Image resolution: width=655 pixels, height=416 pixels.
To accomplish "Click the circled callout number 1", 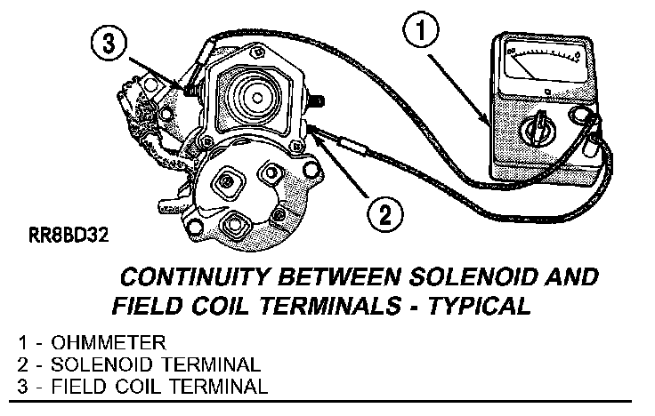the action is click(x=421, y=31).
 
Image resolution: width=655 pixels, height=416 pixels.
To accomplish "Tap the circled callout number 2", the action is click(x=384, y=215).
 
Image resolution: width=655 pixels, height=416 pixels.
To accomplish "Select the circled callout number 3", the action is click(x=109, y=44).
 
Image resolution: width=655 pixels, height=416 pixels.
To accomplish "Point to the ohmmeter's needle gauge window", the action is click(x=543, y=63).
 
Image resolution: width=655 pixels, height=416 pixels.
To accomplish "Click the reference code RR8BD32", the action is click(x=69, y=236).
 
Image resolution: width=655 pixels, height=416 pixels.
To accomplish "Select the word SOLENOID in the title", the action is click(x=472, y=277).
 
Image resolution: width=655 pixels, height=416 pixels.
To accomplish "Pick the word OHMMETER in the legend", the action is click(x=109, y=342).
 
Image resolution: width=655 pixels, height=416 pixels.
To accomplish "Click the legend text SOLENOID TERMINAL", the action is click(x=156, y=364).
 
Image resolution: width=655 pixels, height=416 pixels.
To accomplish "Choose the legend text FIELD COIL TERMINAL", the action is click(x=159, y=387).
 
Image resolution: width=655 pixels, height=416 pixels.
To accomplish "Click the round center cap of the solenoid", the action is click(x=257, y=98).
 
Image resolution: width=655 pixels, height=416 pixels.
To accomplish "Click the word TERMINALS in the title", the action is click(x=330, y=307).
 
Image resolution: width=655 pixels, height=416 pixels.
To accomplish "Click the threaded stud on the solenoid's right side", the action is click(x=316, y=102).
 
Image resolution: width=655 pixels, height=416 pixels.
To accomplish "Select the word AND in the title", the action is click(x=571, y=277).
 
